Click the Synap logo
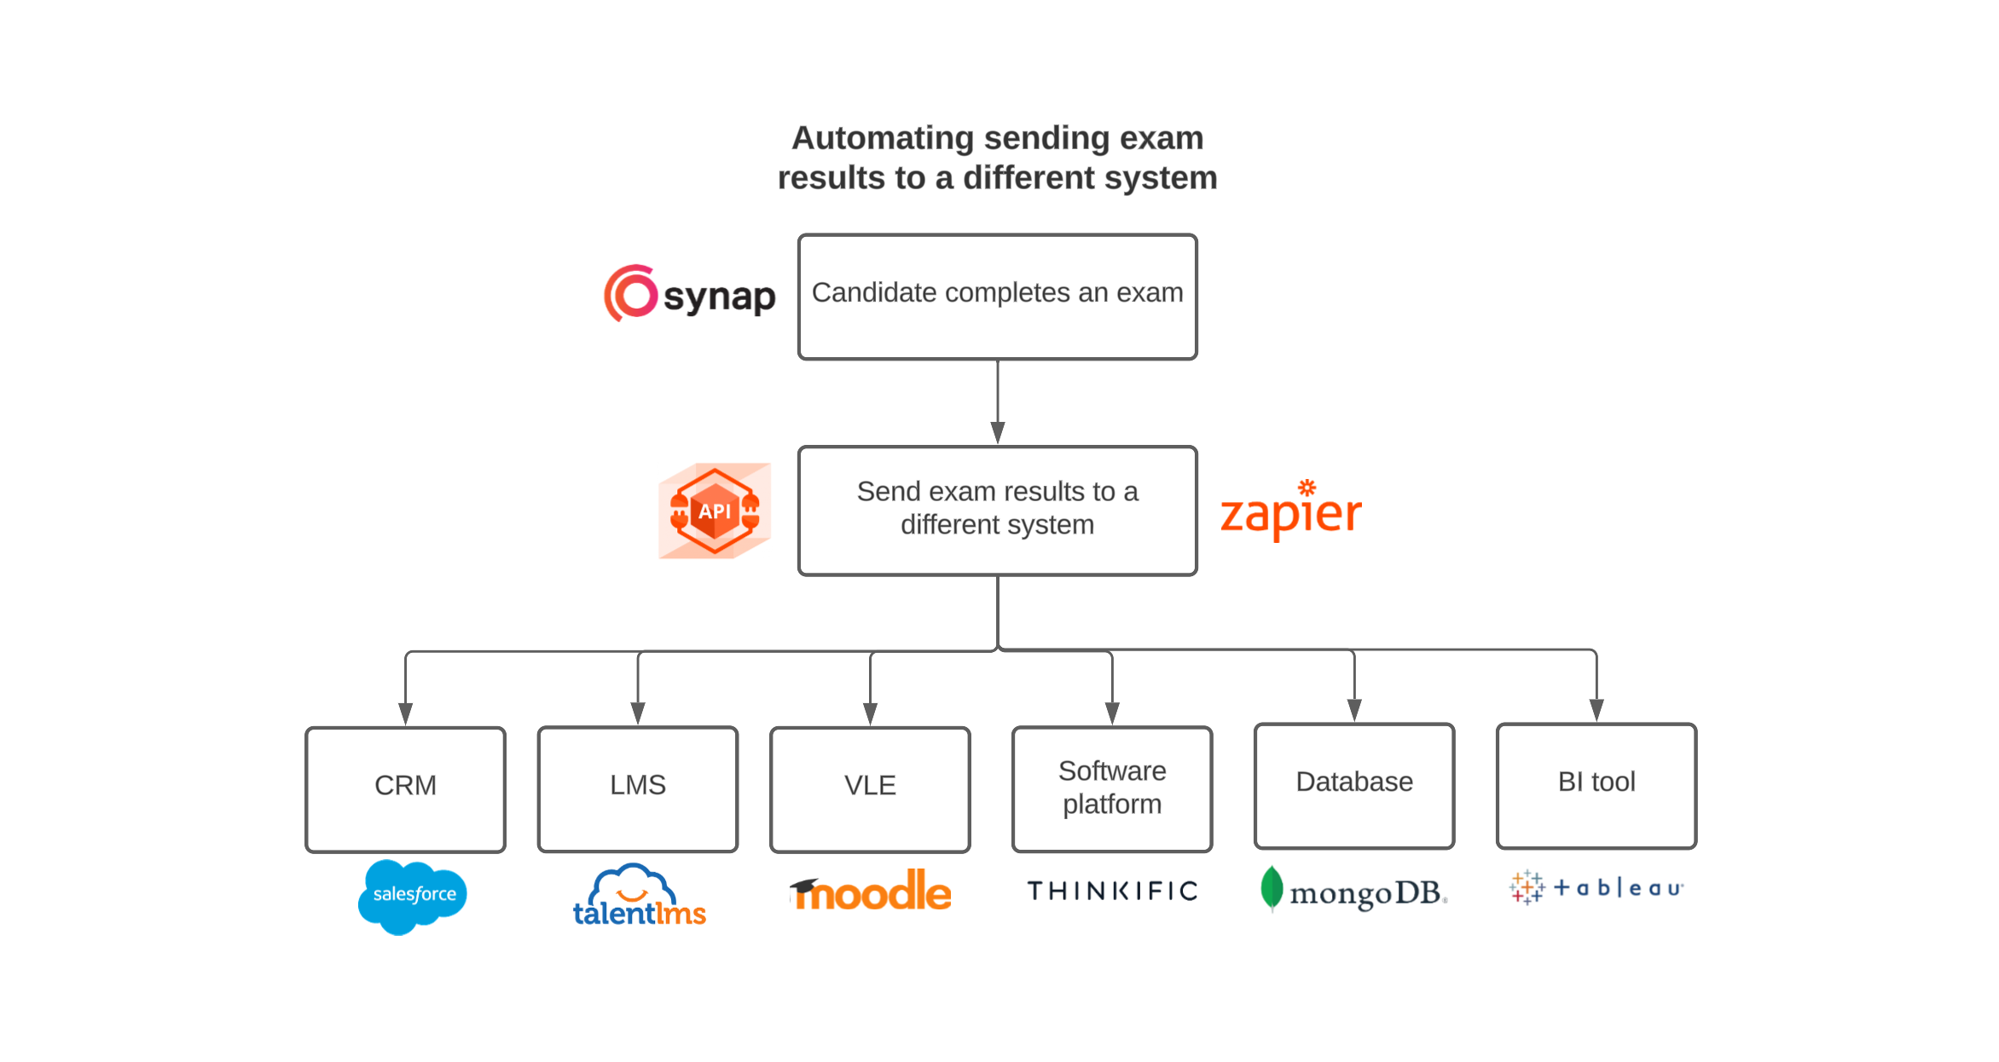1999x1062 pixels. (689, 294)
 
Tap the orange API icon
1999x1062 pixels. (715, 511)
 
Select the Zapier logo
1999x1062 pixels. (1290, 512)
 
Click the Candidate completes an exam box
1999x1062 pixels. (997, 297)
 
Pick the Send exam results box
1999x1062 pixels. (997, 510)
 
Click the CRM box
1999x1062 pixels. (405, 788)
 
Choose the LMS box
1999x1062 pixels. (637, 788)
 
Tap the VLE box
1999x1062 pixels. (870, 788)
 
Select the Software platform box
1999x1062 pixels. (1111, 788)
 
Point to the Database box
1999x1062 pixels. (1353, 785)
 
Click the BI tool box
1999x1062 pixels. (1596, 785)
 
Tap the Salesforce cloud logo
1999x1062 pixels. (413, 895)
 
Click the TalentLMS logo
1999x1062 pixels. (639, 897)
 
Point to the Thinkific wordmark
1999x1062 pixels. (1112, 891)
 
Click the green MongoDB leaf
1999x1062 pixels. (1271, 888)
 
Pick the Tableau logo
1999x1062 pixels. (1596, 888)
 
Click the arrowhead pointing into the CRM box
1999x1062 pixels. (405, 714)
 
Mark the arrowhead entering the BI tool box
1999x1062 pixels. (1596, 710)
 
